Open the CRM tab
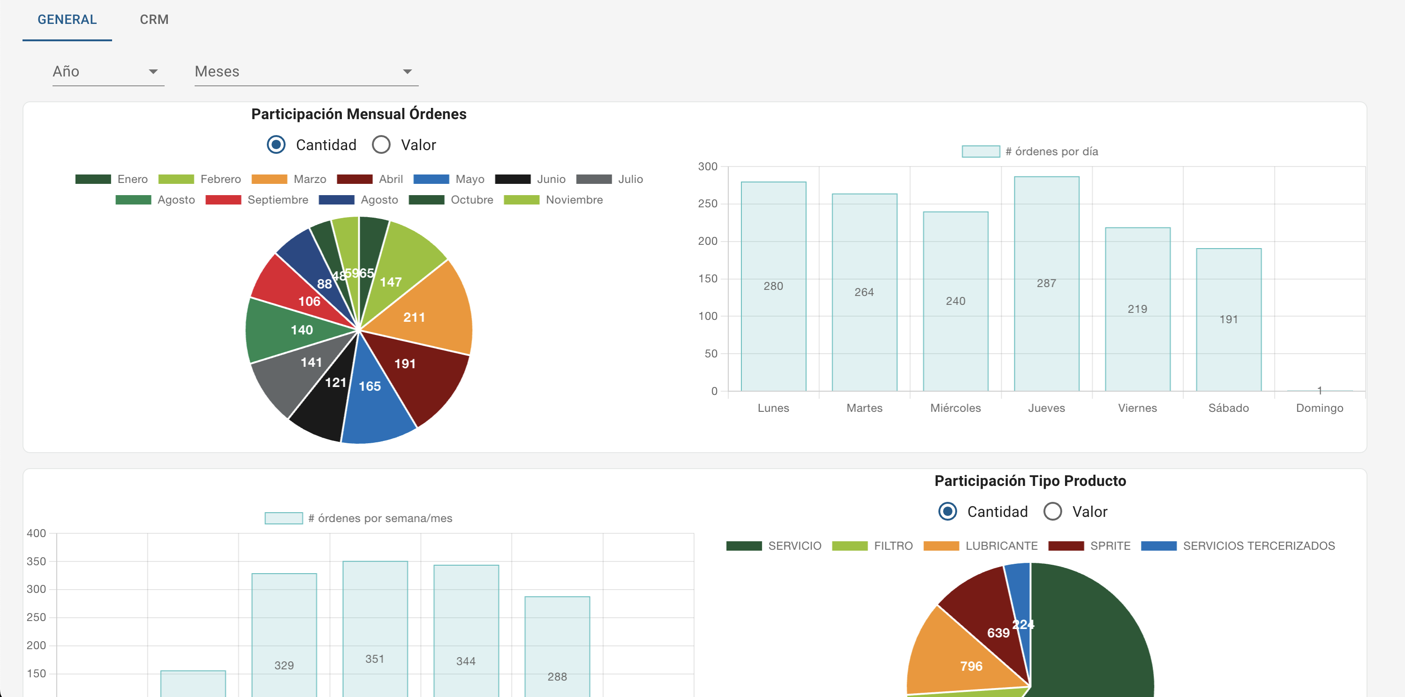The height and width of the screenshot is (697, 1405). (154, 20)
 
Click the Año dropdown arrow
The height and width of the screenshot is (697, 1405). (153, 71)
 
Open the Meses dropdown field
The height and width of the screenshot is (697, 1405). (305, 71)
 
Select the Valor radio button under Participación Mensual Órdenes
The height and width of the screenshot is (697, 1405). (381, 145)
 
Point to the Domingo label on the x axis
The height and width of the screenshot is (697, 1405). (1319, 408)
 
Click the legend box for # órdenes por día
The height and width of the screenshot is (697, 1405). (981, 151)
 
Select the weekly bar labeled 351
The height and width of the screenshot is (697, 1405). (375, 627)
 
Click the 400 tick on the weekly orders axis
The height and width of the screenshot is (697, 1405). (36, 533)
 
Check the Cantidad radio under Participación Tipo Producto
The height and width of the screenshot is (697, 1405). (947, 512)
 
